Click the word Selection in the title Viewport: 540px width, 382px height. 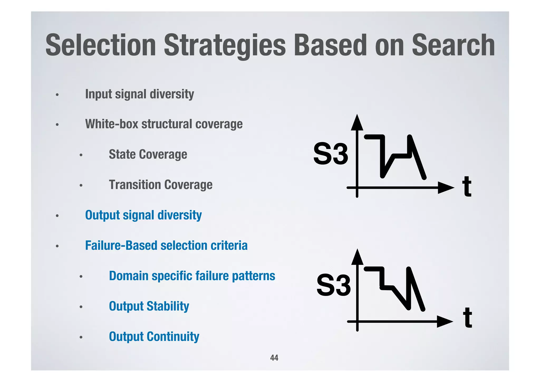coord(101,45)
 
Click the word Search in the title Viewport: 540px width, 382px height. coord(453,45)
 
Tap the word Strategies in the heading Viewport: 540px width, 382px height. coord(225,45)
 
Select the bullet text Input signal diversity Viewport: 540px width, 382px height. coord(139,94)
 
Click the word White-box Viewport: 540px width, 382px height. coord(111,124)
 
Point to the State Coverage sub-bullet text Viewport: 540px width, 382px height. coord(148,154)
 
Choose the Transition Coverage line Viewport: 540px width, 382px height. coord(161,185)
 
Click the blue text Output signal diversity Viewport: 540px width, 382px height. coord(143,215)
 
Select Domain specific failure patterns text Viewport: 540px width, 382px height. coord(192,276)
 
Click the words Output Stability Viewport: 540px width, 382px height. coord(149,306)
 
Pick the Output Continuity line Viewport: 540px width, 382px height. coord(154,337)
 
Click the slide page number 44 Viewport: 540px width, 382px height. coord(274,358)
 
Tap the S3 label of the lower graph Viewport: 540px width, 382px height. coord(334,285)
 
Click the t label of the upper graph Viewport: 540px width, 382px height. coord(467,187)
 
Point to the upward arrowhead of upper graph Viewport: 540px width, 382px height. coord(357,123)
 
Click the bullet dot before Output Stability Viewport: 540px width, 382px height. coord(81,307)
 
